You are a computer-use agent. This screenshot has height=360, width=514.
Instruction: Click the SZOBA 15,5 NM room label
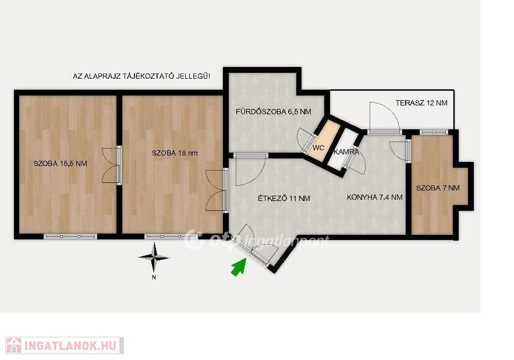pyautogui.click(x=61, y=164)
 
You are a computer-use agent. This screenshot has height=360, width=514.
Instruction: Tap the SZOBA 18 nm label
pyautogui.click(x=175, y=153)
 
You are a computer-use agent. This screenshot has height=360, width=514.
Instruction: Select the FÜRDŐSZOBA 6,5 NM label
pyautogui.click(x=274, y=112)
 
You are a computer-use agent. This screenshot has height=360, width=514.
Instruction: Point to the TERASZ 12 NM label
pyautogui.click(x=421, y=103)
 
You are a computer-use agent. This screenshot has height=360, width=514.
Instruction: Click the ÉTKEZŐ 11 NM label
pyautogui.click(x=284, y=198)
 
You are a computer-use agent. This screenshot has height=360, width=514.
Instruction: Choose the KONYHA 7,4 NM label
pyautogui.click(x=375, y=197)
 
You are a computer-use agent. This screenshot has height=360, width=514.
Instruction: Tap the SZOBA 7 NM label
pyautogui.click(x=438, y=188)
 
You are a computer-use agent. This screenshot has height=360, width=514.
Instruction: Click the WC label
pyautogui.click(x=318, y=148)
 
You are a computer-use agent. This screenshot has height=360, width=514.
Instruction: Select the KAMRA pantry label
pyautogui.click(x=346, y=152)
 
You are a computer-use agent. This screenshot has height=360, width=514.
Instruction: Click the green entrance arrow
pyautogui.click(x=239, y=267)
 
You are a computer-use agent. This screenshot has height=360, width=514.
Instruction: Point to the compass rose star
pyautogui.click(x=154, y=258)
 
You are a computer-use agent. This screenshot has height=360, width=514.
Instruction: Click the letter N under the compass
pyautogui.click(x=154, y=278)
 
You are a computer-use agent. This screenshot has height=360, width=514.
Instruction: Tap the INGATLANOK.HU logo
pyautogui.click(x=65, y=345)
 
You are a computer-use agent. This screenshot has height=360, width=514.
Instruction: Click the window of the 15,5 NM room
pyautogui.click(x=70, y=237)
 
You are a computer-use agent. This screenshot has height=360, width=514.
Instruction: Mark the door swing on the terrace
pyautogui.click(x=384, y=116)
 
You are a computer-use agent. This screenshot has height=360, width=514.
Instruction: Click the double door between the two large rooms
pyautogui.click(x=111, y=165)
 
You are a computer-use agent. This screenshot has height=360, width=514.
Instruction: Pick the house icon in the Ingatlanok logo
pyautogui.click(x=14, y=345)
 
